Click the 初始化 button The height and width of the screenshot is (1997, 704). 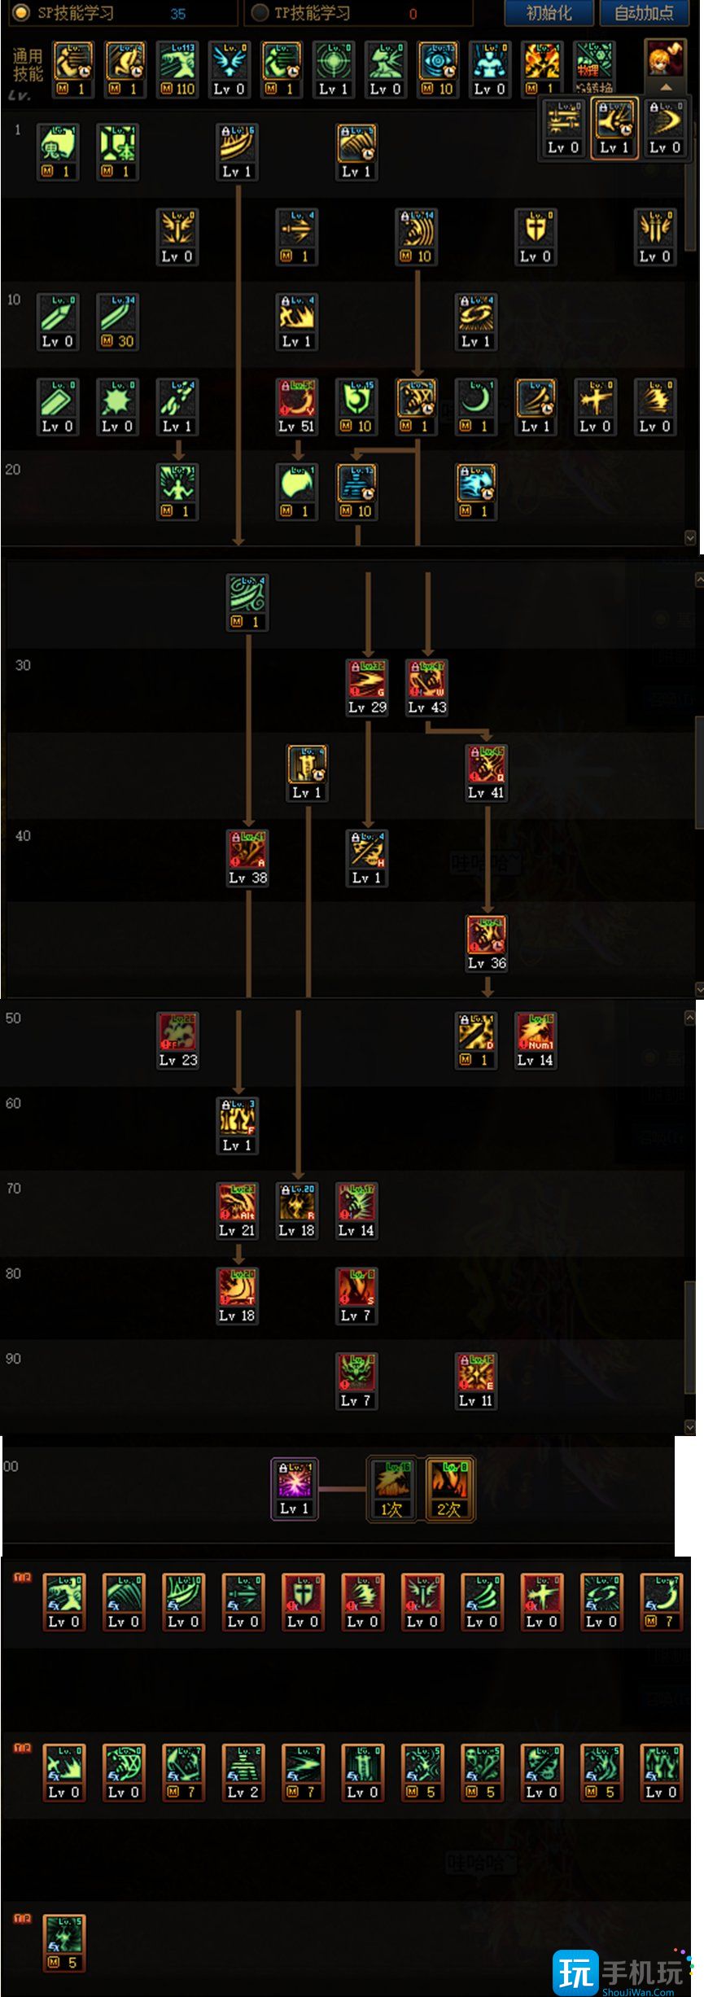click(549, 13)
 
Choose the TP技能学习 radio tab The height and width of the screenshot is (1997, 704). click(260, 13)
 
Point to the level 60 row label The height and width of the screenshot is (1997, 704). click(14, 1103)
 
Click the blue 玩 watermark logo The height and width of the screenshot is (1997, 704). click(575, 1972)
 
